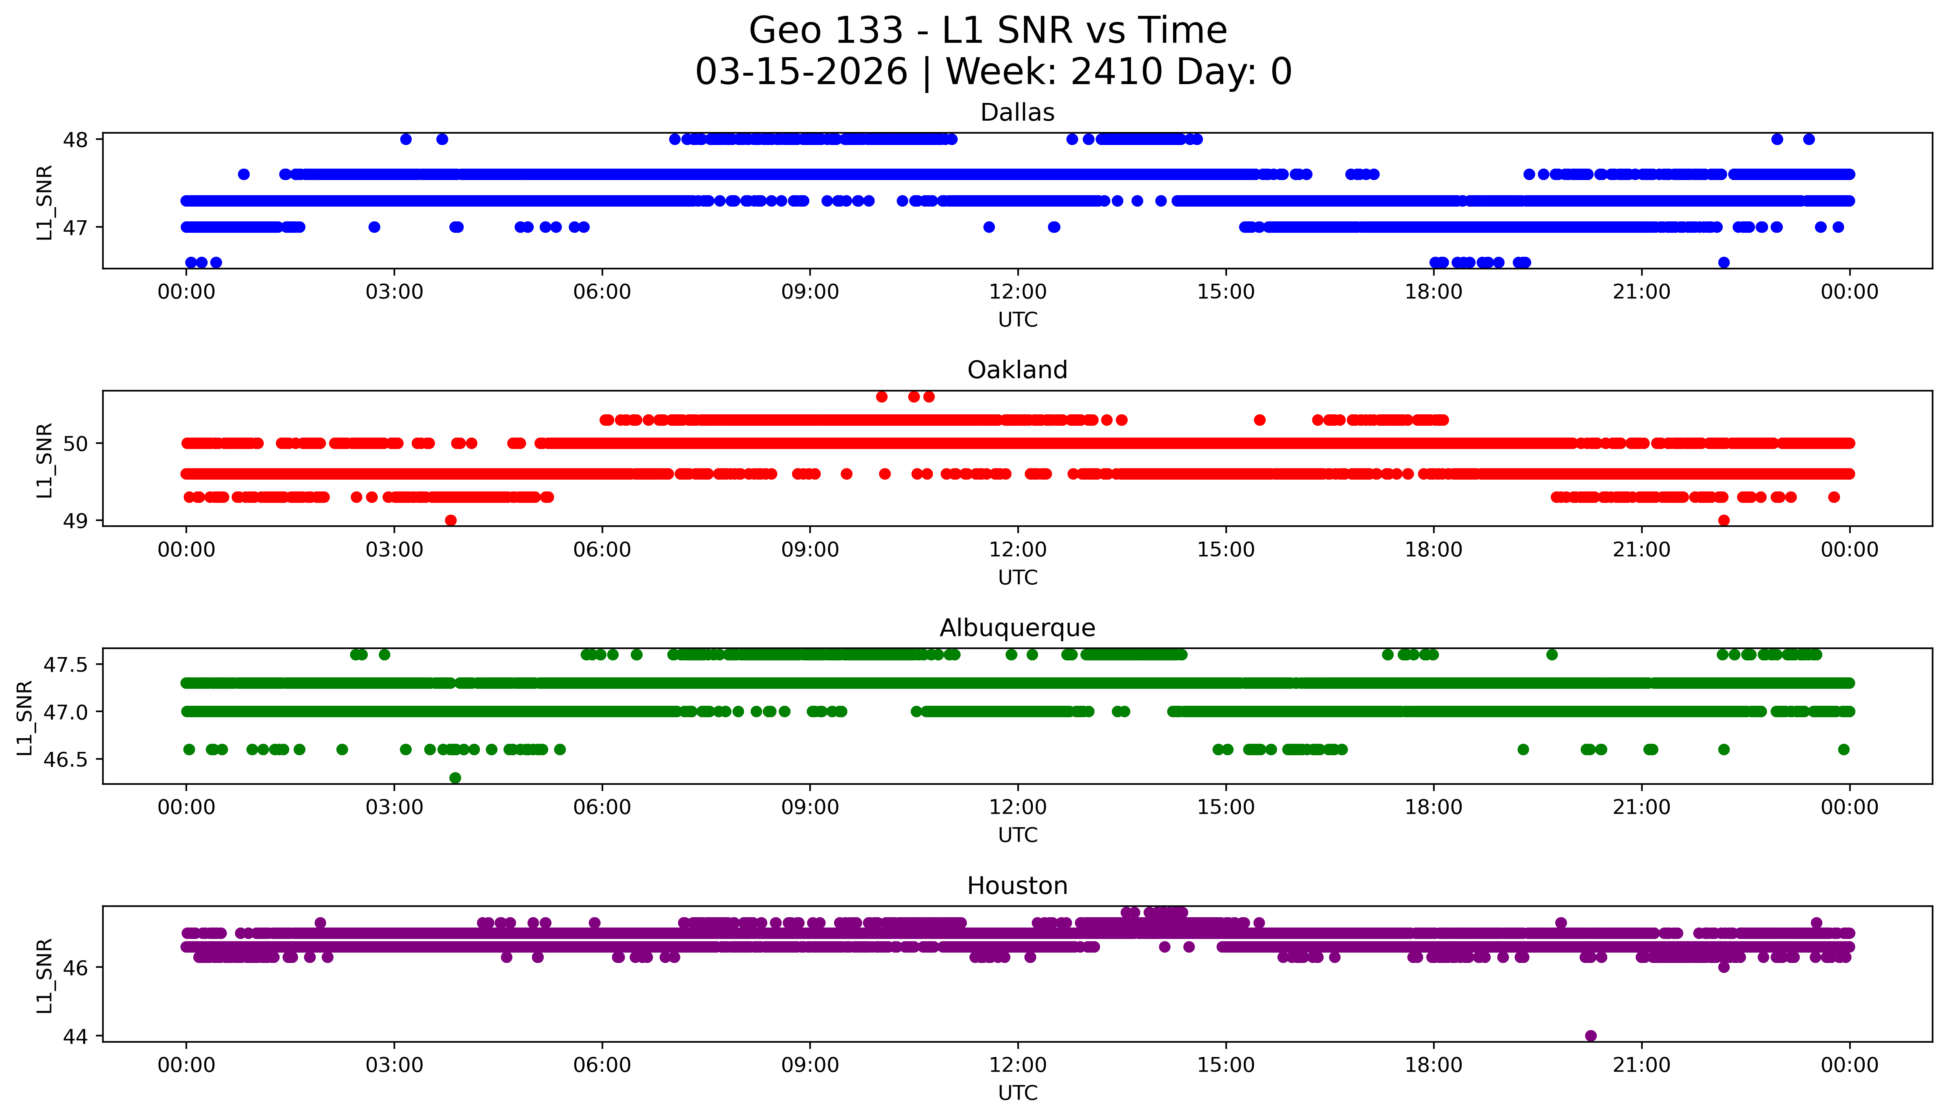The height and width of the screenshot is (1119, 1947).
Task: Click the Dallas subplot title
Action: pyautogui.click(x=1017, y=113)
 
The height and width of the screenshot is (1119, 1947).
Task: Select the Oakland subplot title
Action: pyautogui.click(x=1017, y=370)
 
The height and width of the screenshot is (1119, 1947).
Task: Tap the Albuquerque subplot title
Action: pyautogui.click(x=1017, y=628)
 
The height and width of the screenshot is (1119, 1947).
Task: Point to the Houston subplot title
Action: pyautogui.click(x=1017, y=886)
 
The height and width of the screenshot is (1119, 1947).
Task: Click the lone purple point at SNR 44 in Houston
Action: pyautogui.click(x=1591, y=1036)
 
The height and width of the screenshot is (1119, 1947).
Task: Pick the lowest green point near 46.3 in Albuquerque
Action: pyautogui.click(x=455, y=778)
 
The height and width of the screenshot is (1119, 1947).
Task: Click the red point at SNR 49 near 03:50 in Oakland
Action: pyautogui.click(x=451, y=520)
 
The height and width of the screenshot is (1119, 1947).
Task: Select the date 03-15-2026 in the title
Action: pyautogui.click(x=801, y=72)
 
